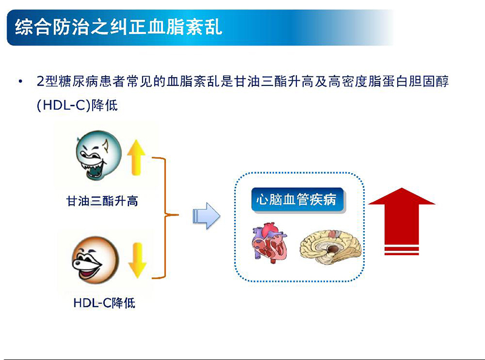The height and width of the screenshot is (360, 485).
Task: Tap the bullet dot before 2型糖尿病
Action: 22,82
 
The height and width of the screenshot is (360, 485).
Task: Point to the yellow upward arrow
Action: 136,156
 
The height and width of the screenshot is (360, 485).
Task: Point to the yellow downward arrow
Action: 136,260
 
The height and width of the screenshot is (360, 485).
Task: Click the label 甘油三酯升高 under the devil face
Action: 102,201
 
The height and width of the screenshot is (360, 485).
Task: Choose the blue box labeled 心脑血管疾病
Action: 297,200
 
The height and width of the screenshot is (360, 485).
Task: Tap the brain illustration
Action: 333,245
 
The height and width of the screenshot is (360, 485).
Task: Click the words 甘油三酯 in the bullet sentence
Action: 270,82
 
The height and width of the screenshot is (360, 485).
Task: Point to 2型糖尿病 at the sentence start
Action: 66,82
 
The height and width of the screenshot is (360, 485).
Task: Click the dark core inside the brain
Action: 333,248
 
